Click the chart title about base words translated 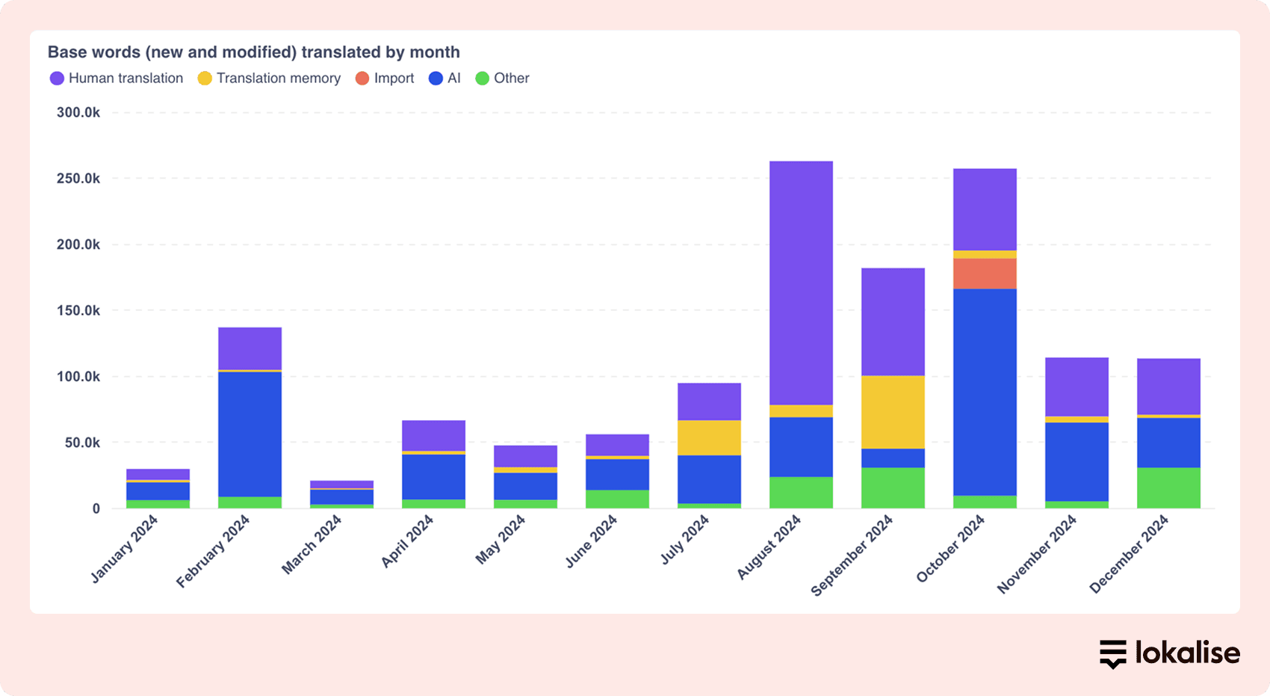click(253, 52)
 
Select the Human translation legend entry click(117, 78)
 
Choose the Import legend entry click(385, 78)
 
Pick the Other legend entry click(503, 78)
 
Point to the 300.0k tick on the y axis click(78, 113)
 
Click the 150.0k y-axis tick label click(78, 310)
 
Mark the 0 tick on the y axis click(96, 509)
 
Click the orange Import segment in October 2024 click(985, 274)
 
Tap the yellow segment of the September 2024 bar click(893, 412)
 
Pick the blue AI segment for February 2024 click(250, 434)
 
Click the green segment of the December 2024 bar click(1168, 488)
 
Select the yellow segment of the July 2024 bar click(709, 437)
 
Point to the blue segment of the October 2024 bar click(985, 392)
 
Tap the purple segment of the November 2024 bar click(1077, 387)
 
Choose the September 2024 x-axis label click(852, 555)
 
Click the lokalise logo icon click(1112, 653)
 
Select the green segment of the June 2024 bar click(617, 499)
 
